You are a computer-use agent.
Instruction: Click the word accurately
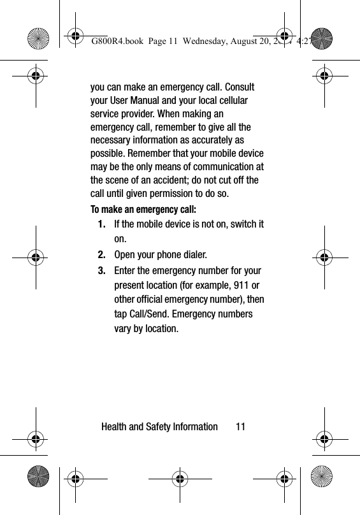(x=217, y=140)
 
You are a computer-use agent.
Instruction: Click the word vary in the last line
(x=124, y=329)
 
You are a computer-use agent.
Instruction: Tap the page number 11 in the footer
(x=240, y=426)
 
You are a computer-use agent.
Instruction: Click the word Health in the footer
(x=116, y=426)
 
